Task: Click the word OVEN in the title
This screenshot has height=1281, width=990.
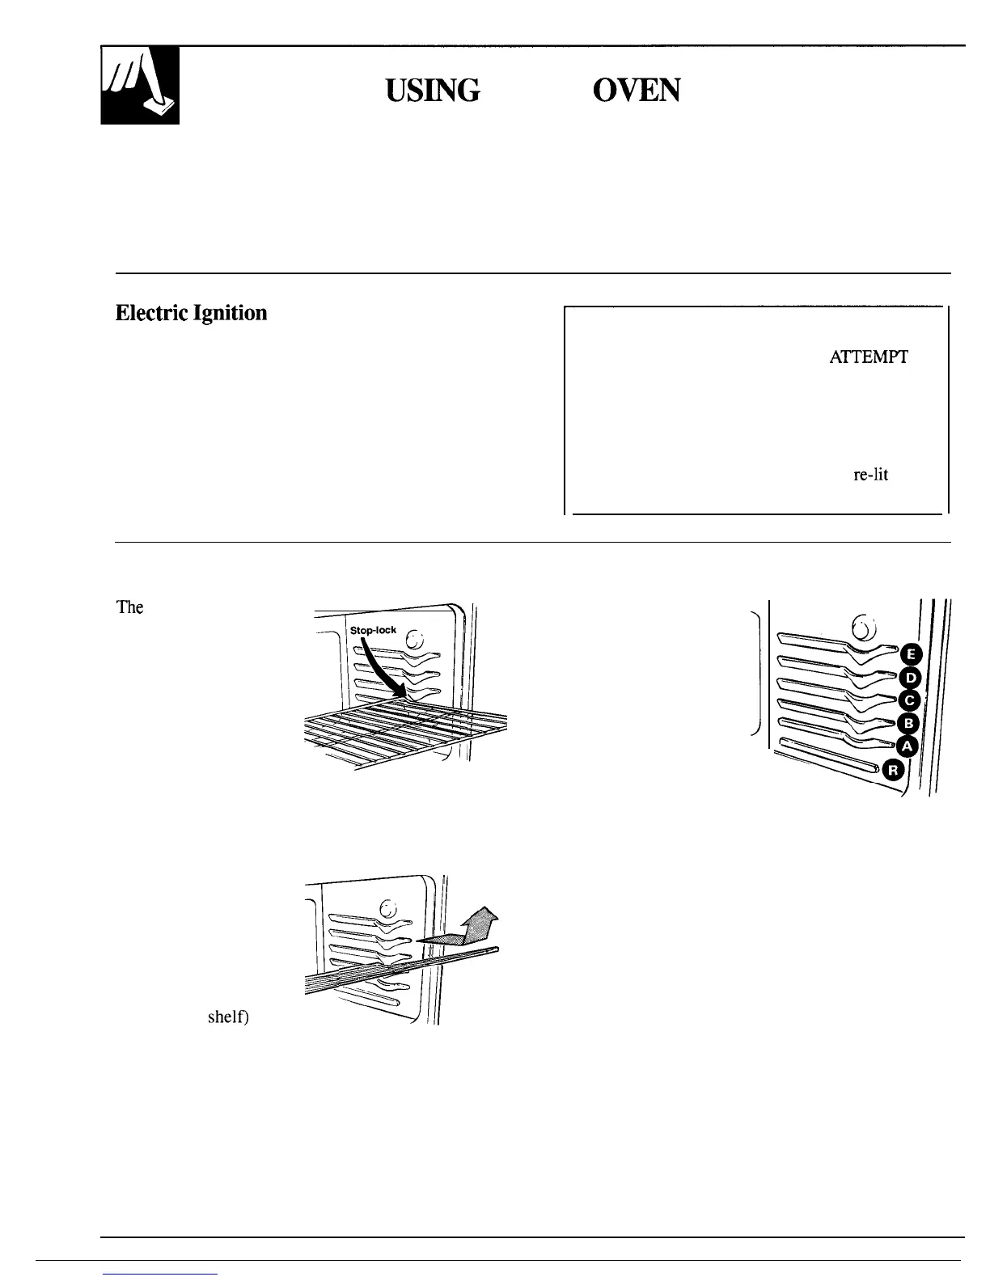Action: coord(637,91)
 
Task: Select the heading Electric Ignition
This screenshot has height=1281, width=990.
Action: coord(191,313)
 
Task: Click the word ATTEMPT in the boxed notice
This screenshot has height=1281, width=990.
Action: coord(868,357)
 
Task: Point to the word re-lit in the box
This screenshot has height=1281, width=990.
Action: coord(870,476)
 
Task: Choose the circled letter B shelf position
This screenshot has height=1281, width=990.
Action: coord(908,723)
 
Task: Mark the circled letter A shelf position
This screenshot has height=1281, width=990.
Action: coord(907,746)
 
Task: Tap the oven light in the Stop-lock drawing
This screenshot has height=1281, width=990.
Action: coord(414,639)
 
